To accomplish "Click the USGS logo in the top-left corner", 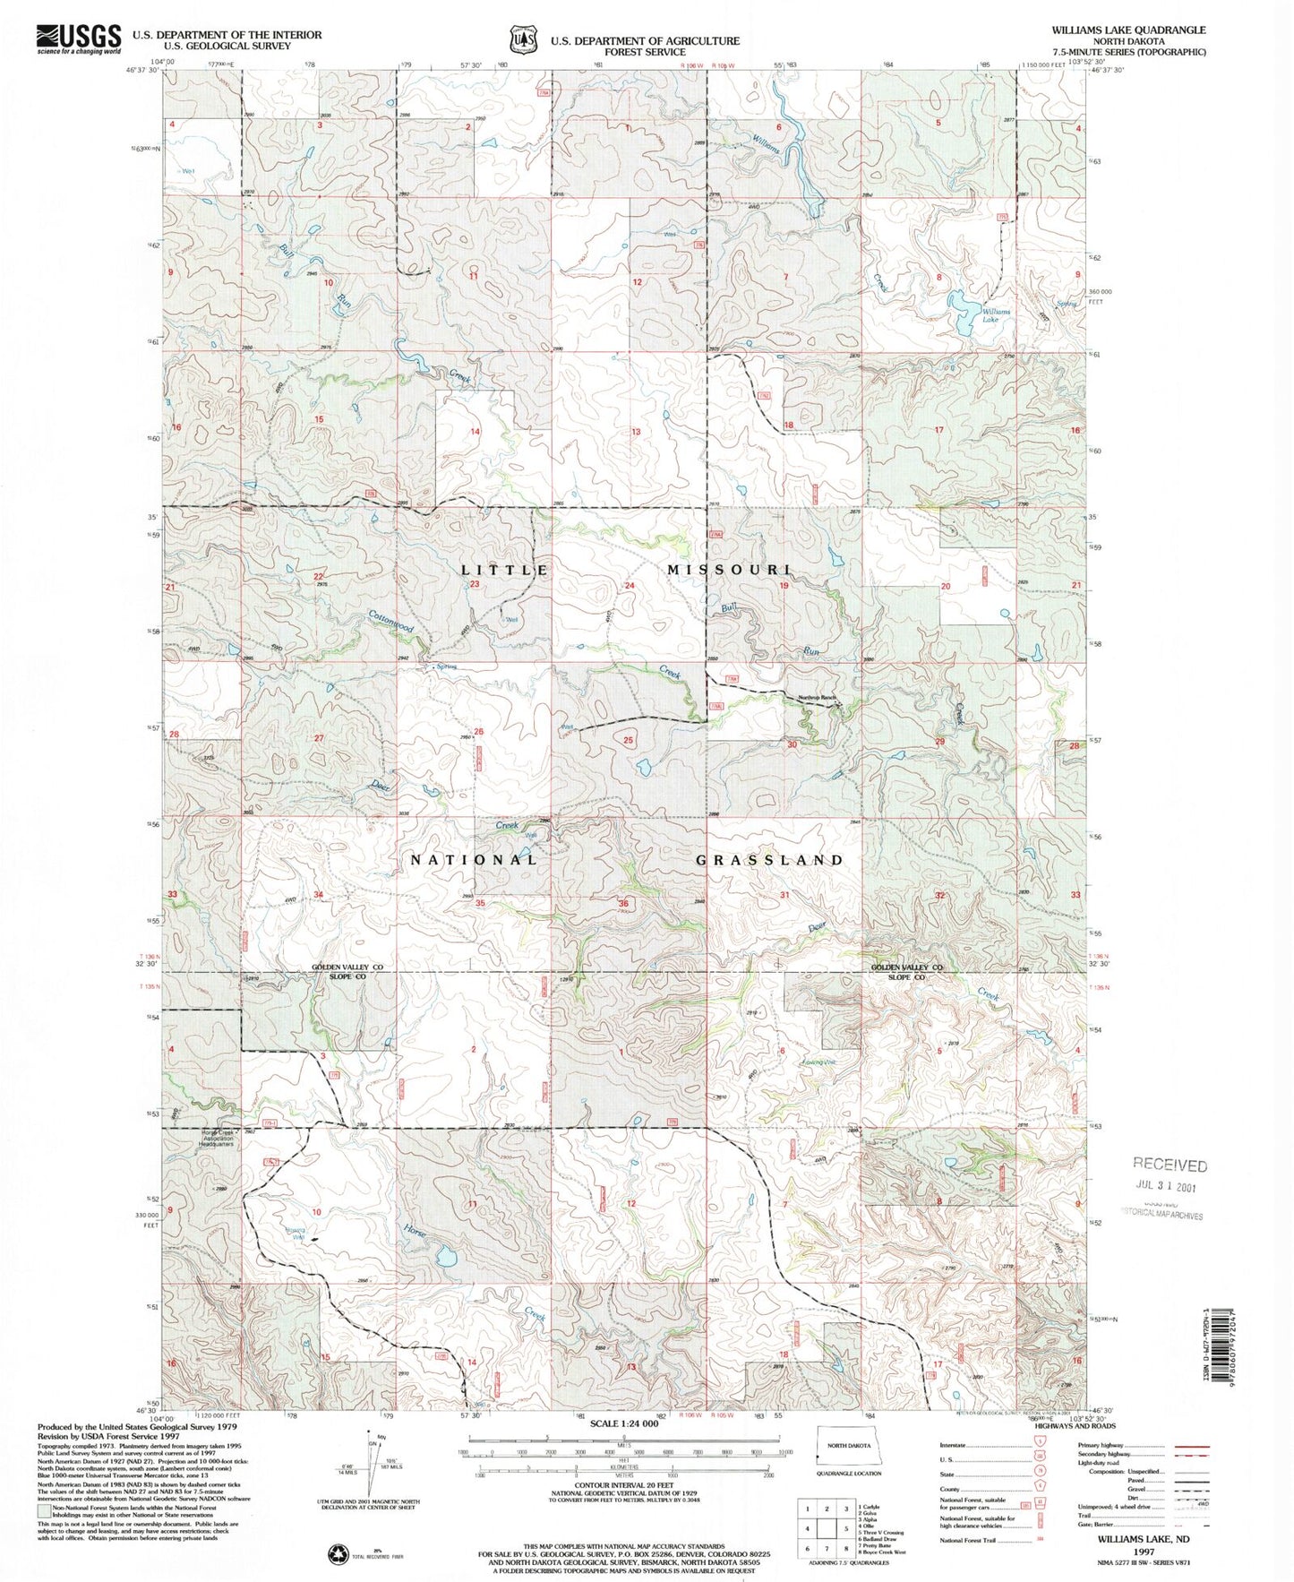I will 78,39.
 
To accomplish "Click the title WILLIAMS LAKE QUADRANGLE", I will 1128,30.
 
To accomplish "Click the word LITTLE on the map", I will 504,570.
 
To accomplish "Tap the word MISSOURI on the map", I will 728,570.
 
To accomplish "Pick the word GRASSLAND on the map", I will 769,860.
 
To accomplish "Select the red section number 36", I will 623,904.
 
